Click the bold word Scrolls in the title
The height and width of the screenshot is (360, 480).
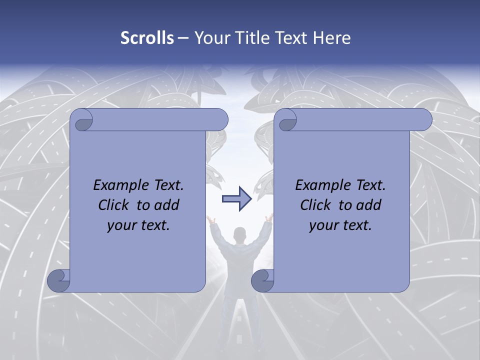[x=147, y=37]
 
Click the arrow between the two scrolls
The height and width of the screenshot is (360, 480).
[x=236, y=198]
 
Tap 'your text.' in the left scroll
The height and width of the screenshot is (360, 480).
[x=138, y=225]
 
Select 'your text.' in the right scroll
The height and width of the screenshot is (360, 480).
[x=340, y=225]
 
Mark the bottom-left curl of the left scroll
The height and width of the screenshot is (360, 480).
[x=59, y=280]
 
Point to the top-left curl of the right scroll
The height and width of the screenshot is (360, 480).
[x=288, y=120]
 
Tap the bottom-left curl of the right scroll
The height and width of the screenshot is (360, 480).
[x=262, y=280]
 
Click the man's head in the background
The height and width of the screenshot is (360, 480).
[x=240, y=234]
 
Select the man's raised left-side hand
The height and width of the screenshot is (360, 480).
[x=210, y=218]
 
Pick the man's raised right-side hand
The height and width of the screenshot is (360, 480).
[x=270, y=217]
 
